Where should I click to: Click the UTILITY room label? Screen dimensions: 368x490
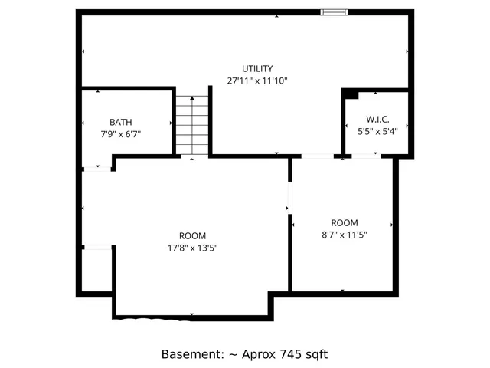point(257,68)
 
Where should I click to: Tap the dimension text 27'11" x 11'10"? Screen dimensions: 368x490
point(257,80)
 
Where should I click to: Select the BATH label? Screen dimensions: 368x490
point(120,122)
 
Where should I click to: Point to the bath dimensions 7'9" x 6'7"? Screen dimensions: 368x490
point(120,133)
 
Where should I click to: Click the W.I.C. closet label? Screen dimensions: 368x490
point(377,119)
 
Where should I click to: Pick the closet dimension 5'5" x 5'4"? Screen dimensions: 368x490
point(377,131)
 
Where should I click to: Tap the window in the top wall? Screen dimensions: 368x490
point(334,11)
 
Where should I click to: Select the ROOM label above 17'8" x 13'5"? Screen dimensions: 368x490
point(192,235)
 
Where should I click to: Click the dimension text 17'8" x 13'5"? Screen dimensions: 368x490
point(192,248)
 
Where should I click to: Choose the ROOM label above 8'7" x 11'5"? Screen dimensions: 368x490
point(344,222)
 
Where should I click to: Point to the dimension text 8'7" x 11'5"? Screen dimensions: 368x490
point(344,235)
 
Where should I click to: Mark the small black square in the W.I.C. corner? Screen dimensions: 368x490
point(349,94)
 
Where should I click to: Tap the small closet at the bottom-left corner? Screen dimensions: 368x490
point(96,270)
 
